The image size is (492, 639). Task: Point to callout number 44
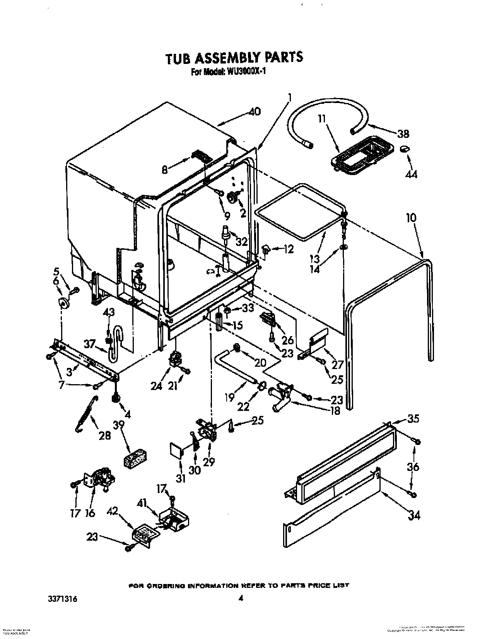tap(412, 174)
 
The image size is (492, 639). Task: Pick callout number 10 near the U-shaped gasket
tap(411, 218)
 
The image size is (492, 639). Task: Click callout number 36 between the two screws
tap(413, 467)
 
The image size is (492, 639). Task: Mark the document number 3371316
tap(62, 588)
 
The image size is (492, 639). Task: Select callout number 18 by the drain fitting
tap(335, 411)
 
